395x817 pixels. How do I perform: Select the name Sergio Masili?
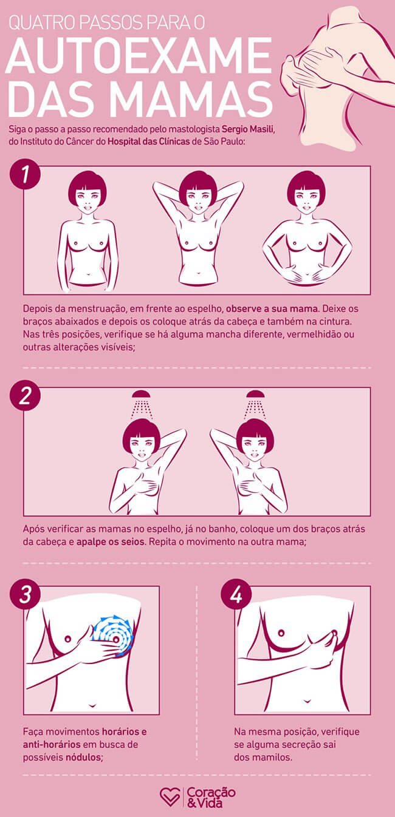tap(247, 129)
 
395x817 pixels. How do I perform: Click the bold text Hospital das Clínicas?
tap(149, 141)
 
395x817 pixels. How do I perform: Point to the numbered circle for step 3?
tap(25, 594)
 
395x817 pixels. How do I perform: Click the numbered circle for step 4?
tap(236, 594)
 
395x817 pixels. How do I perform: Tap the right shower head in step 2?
tap(255, 394)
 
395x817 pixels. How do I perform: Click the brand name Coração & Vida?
tap(211, 796)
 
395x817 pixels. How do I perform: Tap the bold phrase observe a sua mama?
tap(272, 308)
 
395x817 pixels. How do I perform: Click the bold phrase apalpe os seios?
tap(110, 541)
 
